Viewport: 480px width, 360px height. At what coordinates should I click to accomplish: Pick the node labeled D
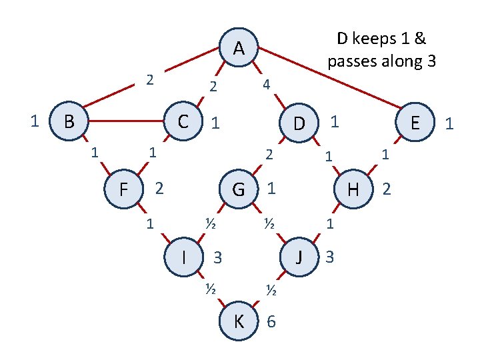pyautogui.click(x=299, y=123)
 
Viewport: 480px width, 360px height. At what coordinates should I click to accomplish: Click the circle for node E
pyautogui.click(x=415, y=123)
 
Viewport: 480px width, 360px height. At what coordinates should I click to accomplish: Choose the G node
pyautogui.click(x=238, y=189)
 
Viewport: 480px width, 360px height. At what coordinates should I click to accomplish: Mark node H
pyautogui.click(x=353, y=189)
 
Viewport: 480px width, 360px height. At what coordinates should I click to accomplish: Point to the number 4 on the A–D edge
pyautogui.click(x=266, y=85)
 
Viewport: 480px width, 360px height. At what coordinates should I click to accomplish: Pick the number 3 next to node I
pyautogui.click(x=217, y=257)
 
